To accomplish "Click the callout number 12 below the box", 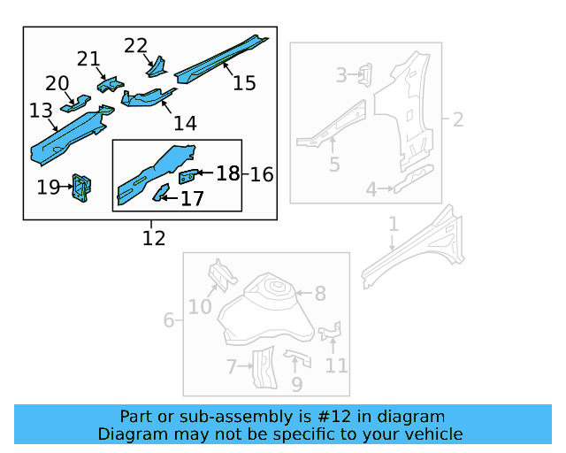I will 154,237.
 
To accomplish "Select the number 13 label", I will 42,111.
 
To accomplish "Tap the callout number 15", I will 244,82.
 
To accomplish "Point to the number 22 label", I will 136,45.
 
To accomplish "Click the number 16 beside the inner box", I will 262,174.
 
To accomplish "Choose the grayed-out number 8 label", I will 319,294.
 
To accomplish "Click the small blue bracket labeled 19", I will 82,187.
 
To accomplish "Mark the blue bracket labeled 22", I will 157,66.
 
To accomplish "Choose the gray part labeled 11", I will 330,332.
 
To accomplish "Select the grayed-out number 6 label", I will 168,319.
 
